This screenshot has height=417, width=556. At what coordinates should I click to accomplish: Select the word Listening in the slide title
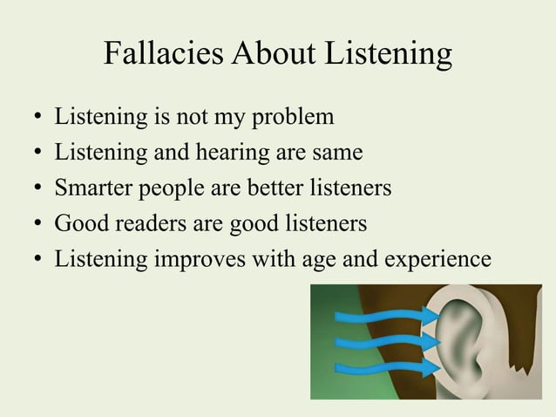pyautogui.click(x=390, y=56)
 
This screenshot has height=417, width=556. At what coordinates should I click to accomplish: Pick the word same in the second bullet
pyautogui.click(x=335, y=153)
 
